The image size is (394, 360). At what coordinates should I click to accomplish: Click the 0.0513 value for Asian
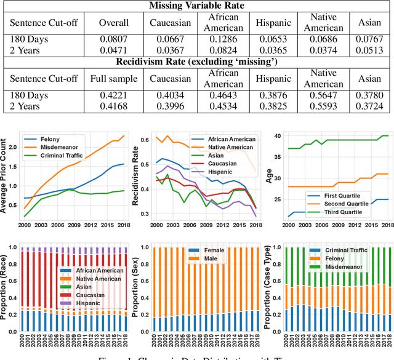pos(369,49)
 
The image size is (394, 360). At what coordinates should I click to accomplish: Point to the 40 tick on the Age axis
pos(277,136)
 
